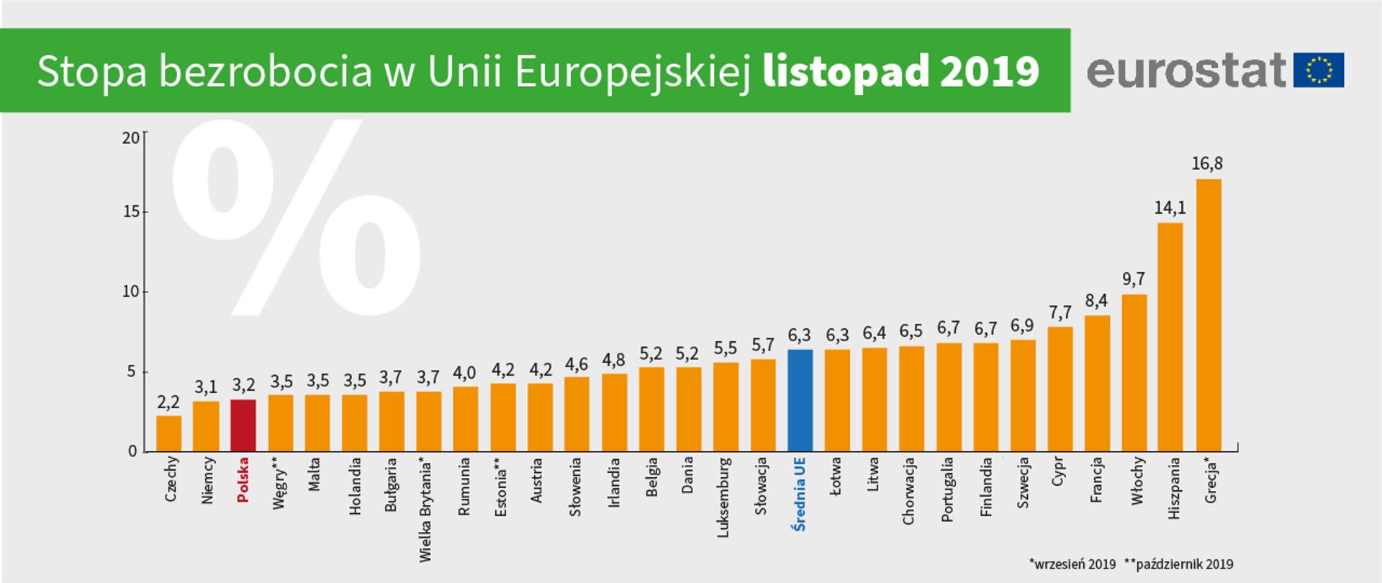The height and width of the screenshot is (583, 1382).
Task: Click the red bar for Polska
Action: click(243, 425)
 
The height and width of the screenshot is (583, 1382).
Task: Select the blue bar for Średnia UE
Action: click(800, 400)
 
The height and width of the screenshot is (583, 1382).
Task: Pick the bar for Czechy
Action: click(168, 433)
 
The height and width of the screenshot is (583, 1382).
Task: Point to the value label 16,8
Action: click(1207, 164)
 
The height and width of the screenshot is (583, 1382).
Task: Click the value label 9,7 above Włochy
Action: click(1134, 279)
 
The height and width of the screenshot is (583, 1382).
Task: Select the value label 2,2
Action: click(168, 402)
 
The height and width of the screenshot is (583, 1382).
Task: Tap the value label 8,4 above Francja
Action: click(1096, 300)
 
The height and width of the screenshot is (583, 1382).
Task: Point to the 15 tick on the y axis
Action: click(131, 212)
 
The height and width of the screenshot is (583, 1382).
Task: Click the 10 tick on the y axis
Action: click(131, 292)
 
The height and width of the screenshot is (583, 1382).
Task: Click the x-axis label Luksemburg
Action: click(725, 497)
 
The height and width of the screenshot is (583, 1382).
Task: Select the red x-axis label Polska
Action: click(243, 479)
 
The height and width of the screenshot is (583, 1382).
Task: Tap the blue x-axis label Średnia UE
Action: click(800, 494)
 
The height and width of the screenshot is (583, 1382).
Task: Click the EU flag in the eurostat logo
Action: click(1319, 71)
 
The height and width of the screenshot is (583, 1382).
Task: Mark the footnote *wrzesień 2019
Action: click(1072, 564)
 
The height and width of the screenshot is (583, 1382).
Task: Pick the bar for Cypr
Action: click(1060, 389)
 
